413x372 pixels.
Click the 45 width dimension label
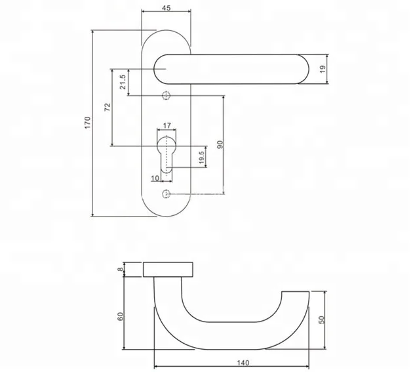(x=166, y=8)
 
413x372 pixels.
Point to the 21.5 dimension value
(x=123, y=81)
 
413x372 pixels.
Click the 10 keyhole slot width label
(x=155, y=178)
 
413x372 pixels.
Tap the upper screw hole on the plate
(x=166, y=94)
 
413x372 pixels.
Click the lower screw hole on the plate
(x=166, y=194)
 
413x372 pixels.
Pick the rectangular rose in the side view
(x=168, y=269)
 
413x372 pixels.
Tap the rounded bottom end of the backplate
(x=166, y=210)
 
